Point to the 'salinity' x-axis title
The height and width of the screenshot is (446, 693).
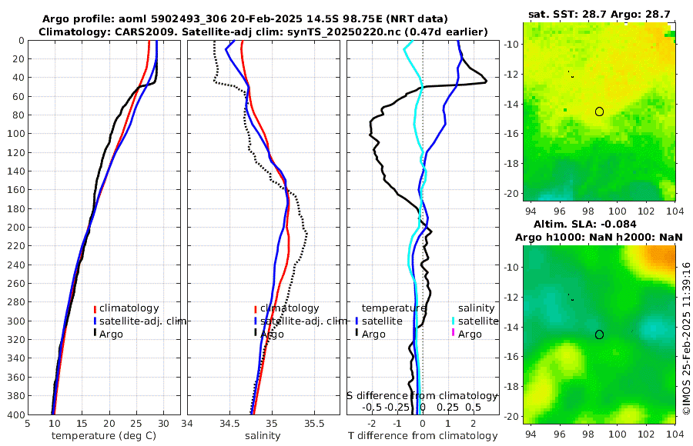pyautogui.click(x=262, y=436)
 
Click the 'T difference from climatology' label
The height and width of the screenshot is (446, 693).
pyautogui.click(x=423, y=436)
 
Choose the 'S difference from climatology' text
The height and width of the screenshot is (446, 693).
pyautogui.click(x=422, y=395)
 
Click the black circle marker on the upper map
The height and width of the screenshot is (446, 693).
pyautogui.click(x=599, y=111)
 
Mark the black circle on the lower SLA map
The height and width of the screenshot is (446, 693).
pyautogui.click(x=599, y=334)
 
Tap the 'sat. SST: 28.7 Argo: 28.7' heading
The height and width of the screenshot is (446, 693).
pyautogui.click(x=599, y=15)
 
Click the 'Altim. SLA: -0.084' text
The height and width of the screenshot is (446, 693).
pyautogui.click(x=599, y=223)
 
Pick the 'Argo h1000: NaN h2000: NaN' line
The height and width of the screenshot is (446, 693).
pyautogui.click(x=599, y=237)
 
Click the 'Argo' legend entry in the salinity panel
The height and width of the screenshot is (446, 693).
pyautogui.click(x=272, y=334)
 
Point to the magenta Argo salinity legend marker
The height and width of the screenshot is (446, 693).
pyautogui.click(x=454, y=334)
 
